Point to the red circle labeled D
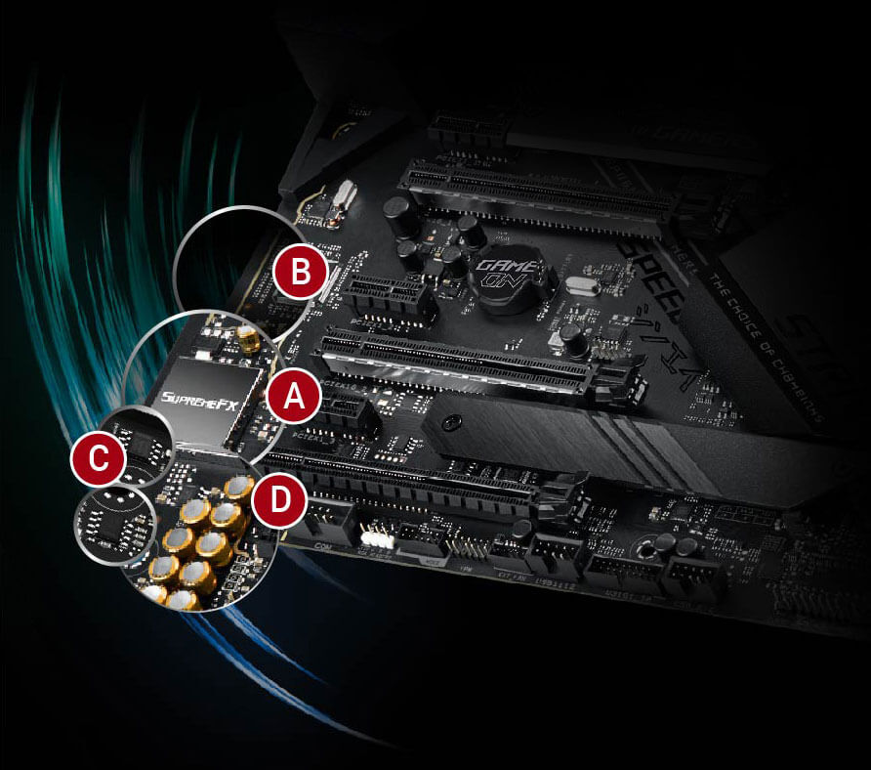tap(278, 501)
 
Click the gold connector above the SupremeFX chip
tap(249, 339)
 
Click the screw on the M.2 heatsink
tap(451, 423)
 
